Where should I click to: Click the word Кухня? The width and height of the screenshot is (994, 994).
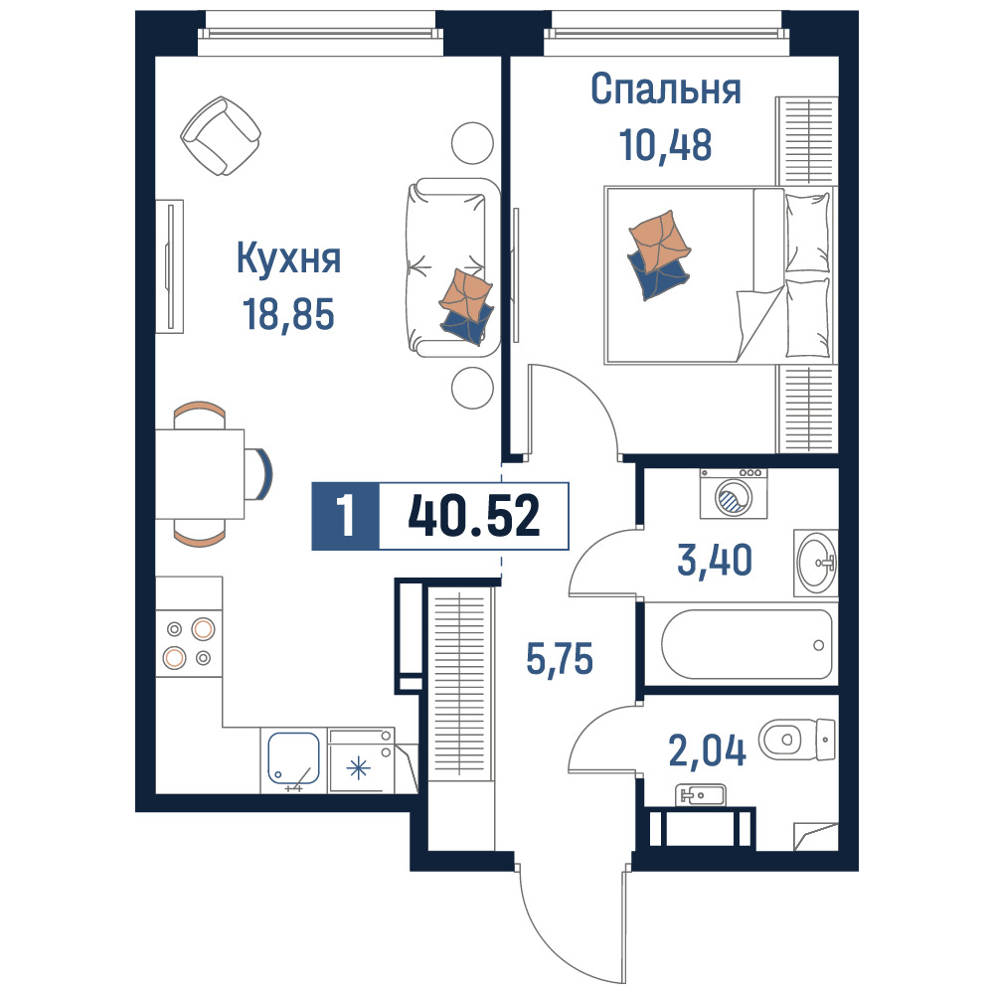point(288,259)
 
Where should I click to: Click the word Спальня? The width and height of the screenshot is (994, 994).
point(666,89)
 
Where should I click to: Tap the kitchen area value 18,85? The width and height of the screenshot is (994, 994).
point(288,314)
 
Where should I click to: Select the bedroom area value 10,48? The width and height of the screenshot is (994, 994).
point(666,144)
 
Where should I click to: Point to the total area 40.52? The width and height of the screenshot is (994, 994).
point(474,516)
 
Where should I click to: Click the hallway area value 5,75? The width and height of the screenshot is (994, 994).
point(560,659)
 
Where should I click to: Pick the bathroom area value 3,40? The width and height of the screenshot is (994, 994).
point(715,560)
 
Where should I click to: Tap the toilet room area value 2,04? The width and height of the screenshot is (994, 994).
point(708,750)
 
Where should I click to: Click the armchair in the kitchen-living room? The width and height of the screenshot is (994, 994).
point(220,135)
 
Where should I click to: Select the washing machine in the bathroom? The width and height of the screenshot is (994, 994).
point(734,493)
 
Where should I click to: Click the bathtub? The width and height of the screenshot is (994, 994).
point(746,644)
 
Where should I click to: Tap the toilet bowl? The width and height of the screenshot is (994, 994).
point(797,740)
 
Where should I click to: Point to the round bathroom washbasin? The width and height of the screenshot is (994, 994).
point(816,563)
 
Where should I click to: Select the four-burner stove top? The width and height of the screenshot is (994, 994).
point(189,644)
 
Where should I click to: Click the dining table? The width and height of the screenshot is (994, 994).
point(201,473)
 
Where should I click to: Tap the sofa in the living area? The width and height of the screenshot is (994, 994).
point(452,267)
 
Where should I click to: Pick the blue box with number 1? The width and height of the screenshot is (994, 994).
point(346,516)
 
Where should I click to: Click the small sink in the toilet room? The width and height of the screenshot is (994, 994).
point(701,795)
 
